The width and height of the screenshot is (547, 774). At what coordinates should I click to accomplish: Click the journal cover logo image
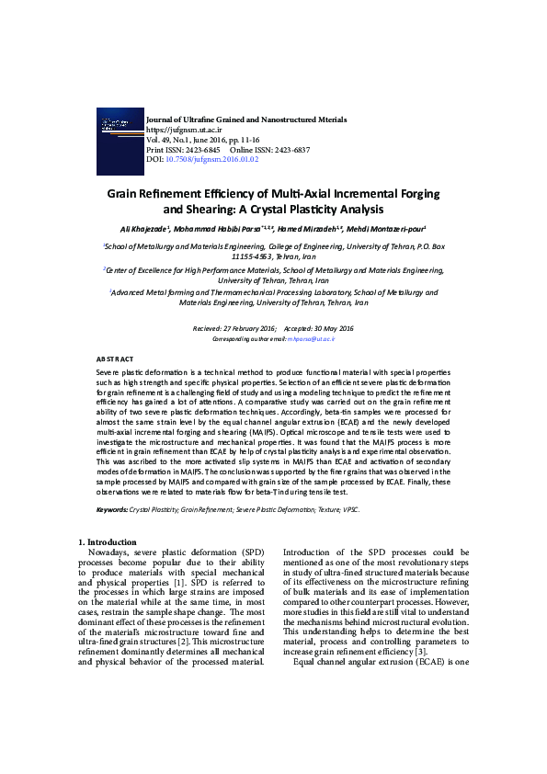(x=120, y=137)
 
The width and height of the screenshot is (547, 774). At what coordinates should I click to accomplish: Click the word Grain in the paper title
(x=128, y=195)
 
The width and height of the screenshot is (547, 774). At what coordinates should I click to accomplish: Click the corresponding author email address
(x=312, y=339)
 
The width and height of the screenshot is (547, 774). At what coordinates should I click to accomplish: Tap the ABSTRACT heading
(x=115, y=359)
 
